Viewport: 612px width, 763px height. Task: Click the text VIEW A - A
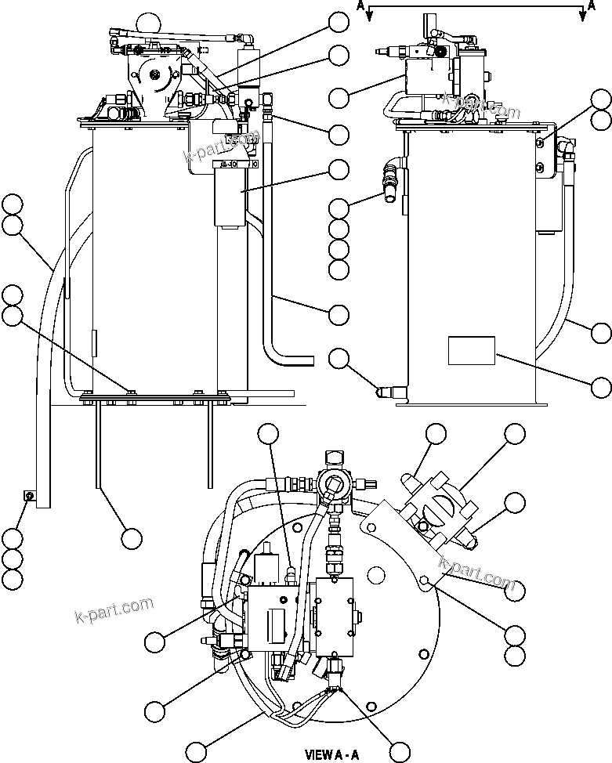pos(333,755)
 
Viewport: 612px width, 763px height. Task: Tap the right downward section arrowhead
pos(581,18)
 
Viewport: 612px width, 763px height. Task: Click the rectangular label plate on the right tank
pos(471,350)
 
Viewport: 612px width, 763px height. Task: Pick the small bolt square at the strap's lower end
pos(27,494)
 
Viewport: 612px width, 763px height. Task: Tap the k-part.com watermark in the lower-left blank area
pos(113,608)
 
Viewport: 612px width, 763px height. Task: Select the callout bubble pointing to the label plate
pos(601,386)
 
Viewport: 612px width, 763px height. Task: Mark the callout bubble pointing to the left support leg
pos(131,538)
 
